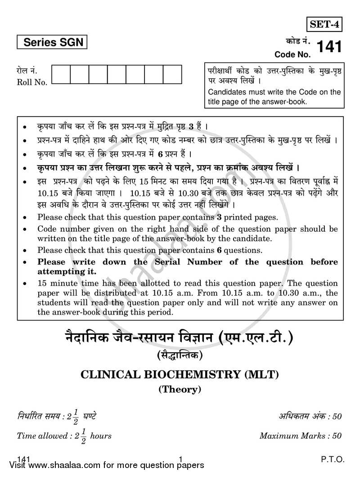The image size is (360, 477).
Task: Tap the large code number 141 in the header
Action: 329,47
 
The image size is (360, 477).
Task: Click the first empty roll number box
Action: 61,75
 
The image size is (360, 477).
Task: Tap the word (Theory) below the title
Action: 180,390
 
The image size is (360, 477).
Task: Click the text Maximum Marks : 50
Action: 300,436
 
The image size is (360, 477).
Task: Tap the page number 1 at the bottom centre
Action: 180,459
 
